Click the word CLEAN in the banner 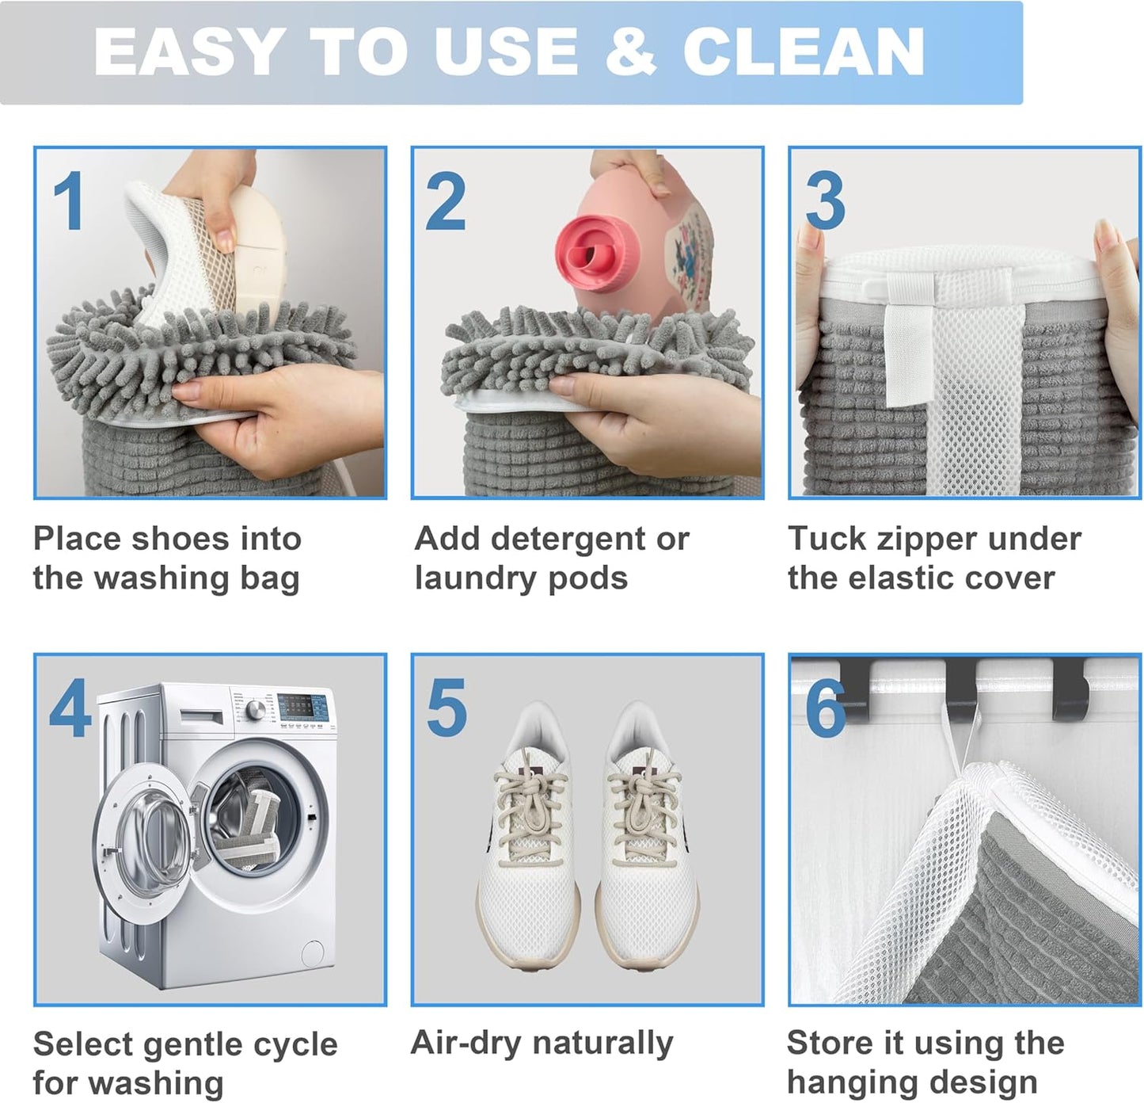click(x=803, y=52)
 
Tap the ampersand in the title click(x=629, y=52)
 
